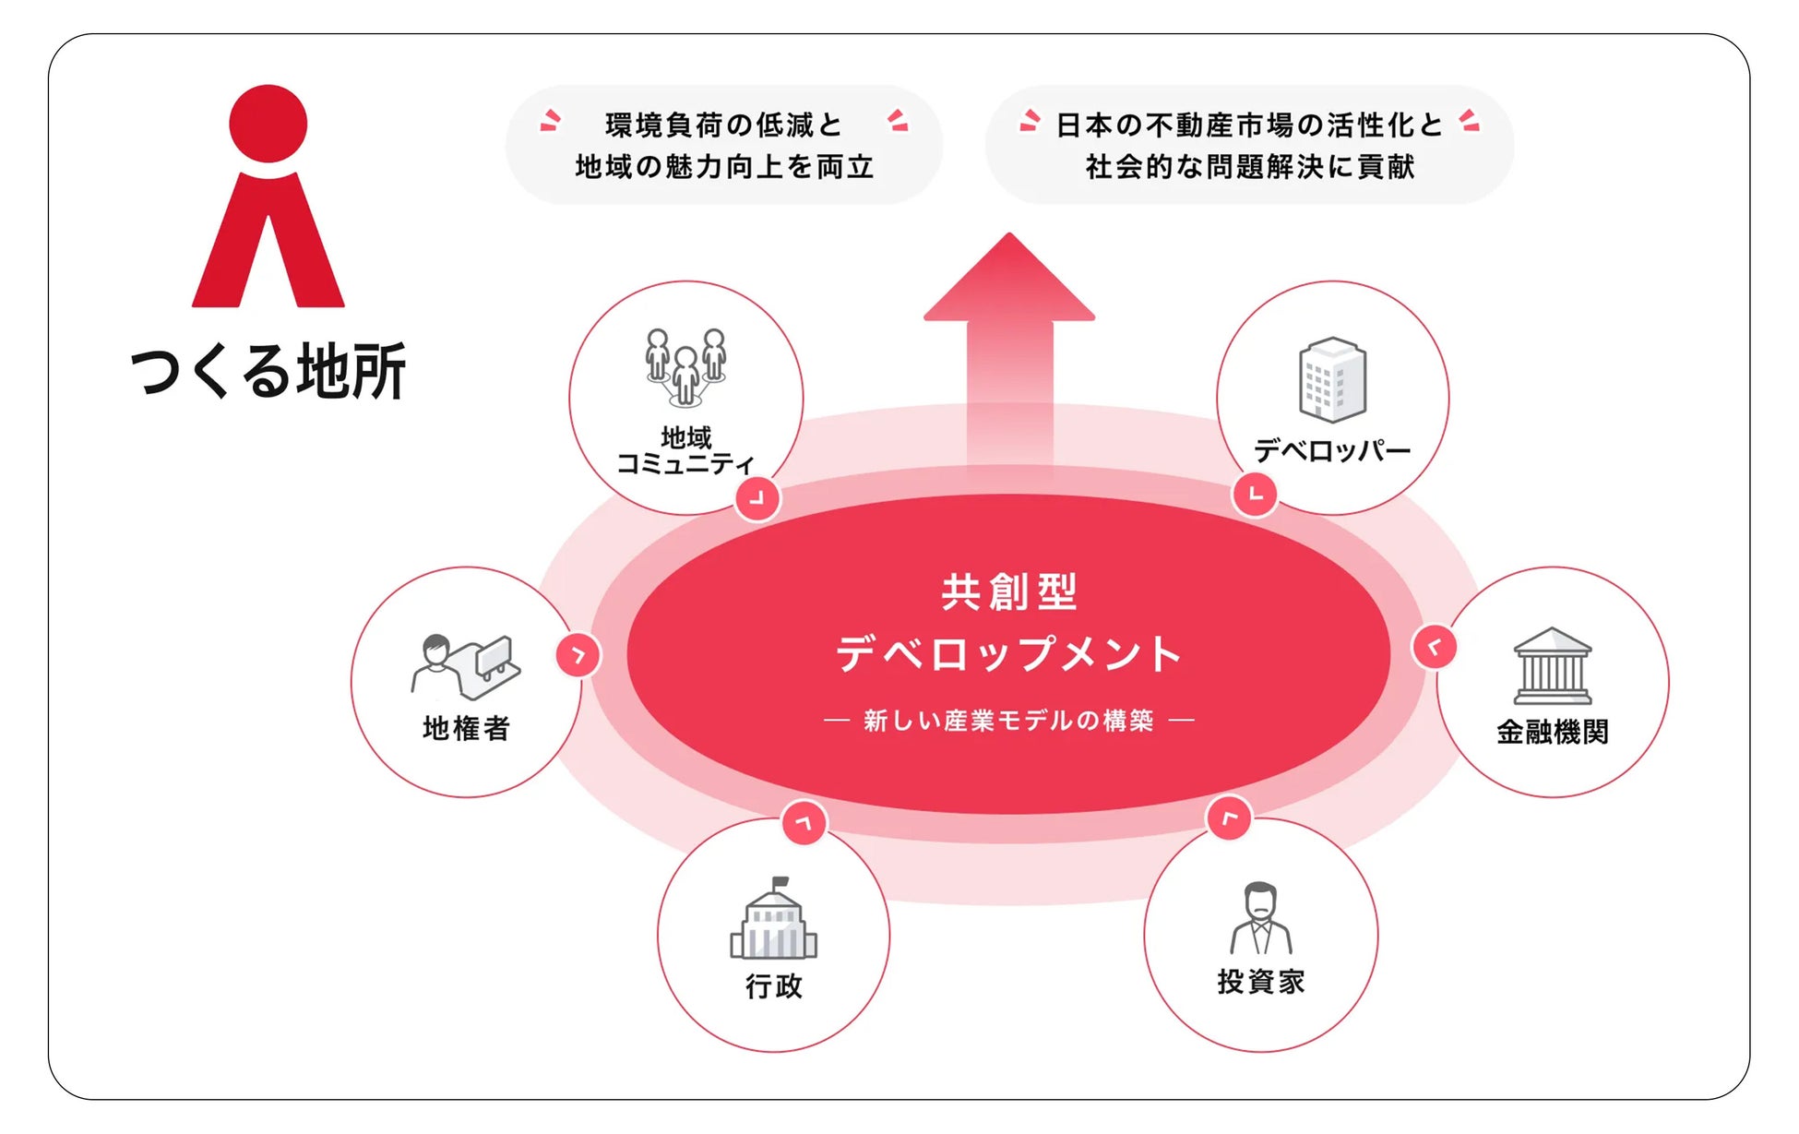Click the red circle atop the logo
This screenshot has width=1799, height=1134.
point(268,124)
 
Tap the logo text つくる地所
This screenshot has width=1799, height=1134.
point(268,371)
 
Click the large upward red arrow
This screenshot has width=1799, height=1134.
point(1009,351)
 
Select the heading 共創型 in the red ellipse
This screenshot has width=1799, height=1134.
point(1008,592)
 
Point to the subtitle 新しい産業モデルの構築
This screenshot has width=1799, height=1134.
point(1008,721)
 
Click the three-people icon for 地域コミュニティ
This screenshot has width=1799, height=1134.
point(685,367)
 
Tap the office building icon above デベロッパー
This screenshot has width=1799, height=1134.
point(1332,379)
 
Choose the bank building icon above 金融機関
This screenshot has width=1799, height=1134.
point(1553,666)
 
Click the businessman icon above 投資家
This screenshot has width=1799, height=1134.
point(1260,919)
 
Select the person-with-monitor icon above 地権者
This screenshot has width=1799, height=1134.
point(466,666)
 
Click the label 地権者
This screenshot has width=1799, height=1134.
point(466,729)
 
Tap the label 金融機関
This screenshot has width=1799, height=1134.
point(1553,733)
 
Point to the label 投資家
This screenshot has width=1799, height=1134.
point(1260,982)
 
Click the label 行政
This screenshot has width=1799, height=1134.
point(773,986)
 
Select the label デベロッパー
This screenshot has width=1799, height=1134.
point(1332,451)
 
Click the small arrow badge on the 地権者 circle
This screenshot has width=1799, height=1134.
point(578,655)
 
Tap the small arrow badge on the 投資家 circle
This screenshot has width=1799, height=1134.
point(1229,818)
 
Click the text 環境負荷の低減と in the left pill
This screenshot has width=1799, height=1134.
point(723,125)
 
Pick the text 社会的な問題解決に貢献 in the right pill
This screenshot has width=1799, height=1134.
point(1249,167)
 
